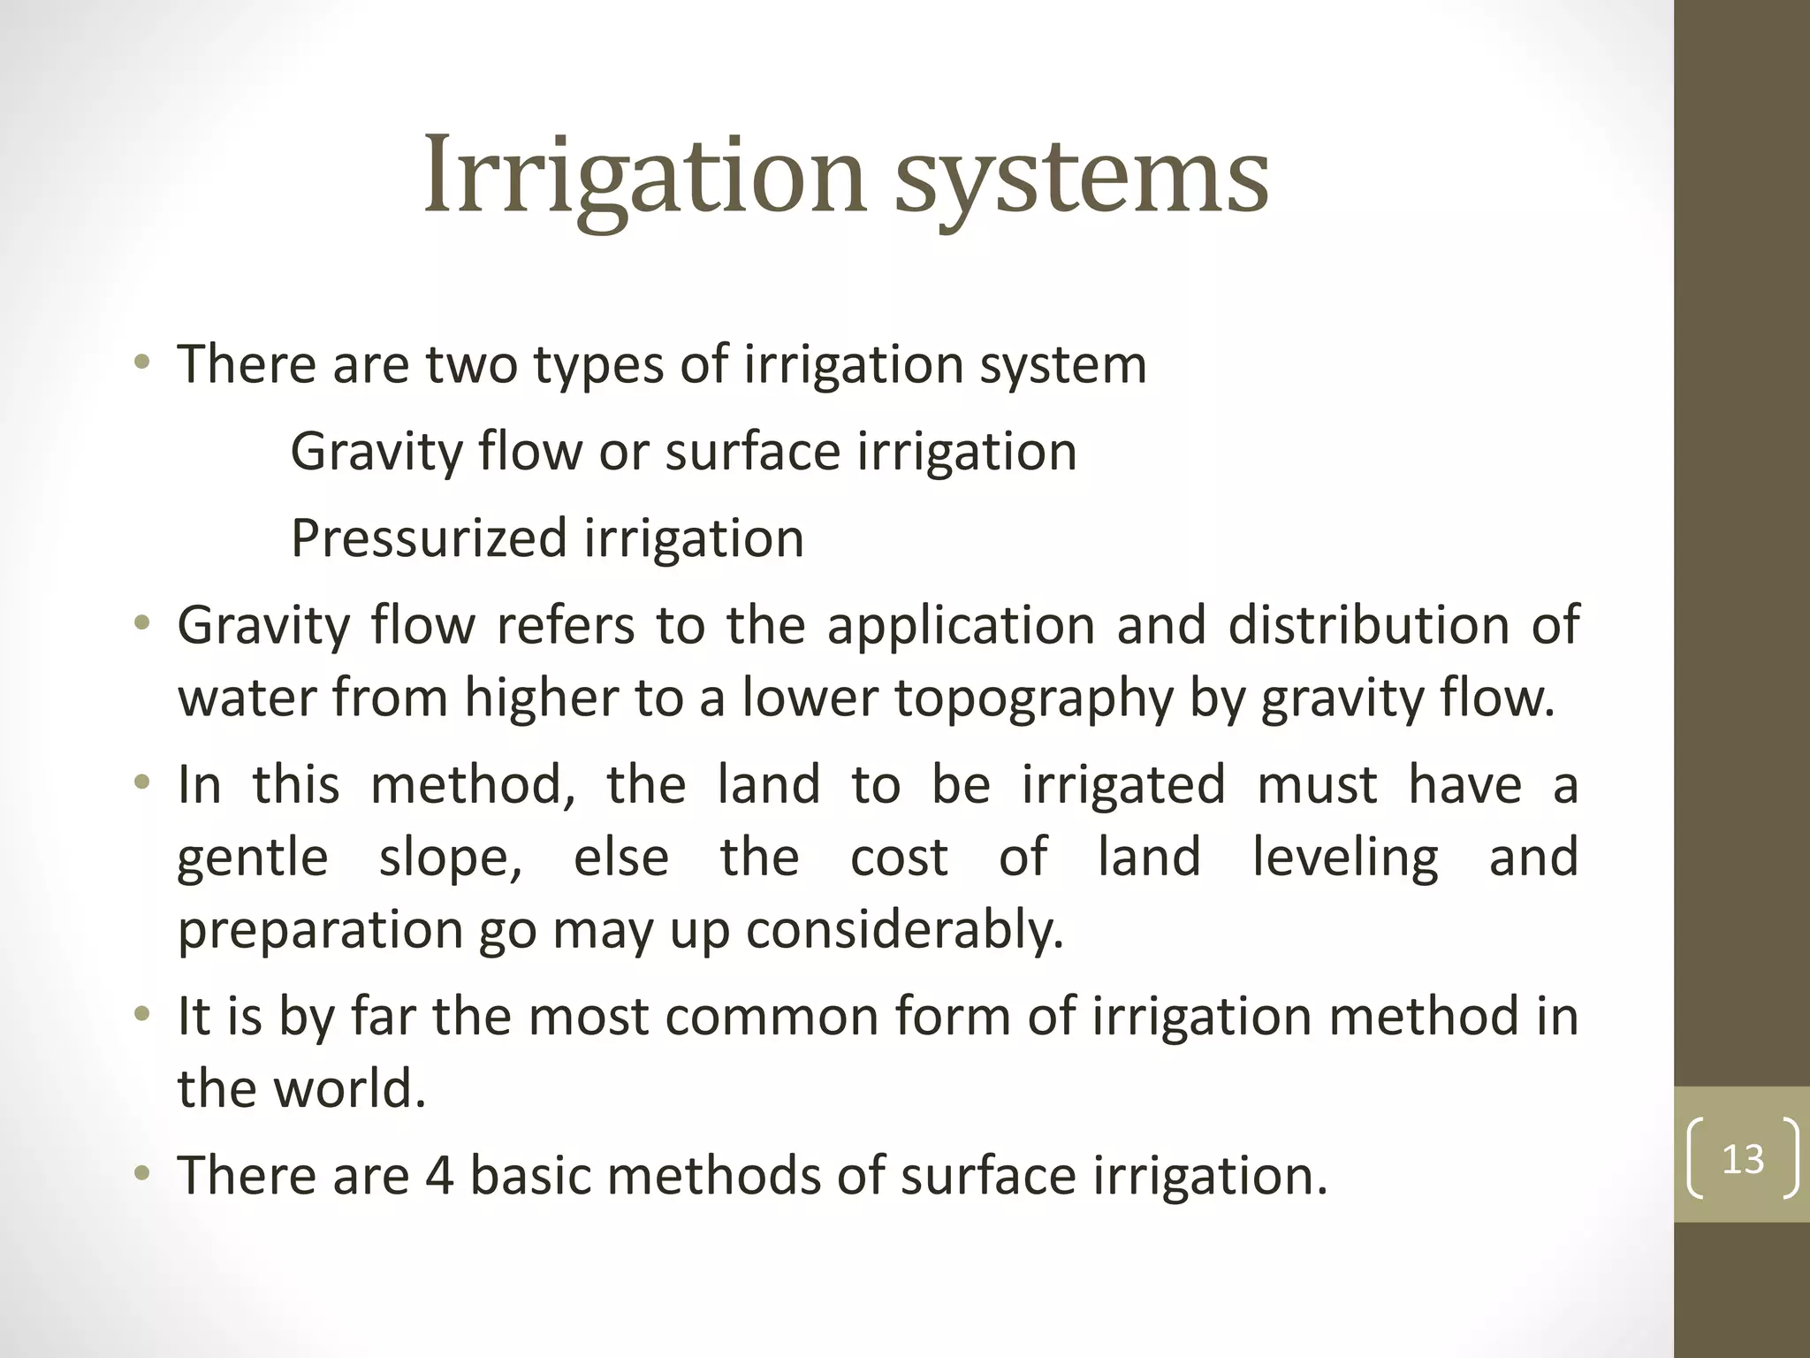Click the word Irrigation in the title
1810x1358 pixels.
pyautogui.click(x=644, y=177)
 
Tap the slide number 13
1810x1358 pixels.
pyautogui.click(x=1743, y=1158)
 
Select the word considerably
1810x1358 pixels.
pyautogui.click(x=905, y=930)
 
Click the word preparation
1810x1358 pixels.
pyautogui.click(x=320, y=932)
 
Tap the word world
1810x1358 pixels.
pyautogui.click(x=349, y=1088)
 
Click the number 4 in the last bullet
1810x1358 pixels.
pyautogui.click(x=439, y=1175)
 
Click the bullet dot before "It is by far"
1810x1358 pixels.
pyautogui.click(x=141, y=1016)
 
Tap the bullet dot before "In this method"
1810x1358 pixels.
pyautogui.click(x=141, y=785)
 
